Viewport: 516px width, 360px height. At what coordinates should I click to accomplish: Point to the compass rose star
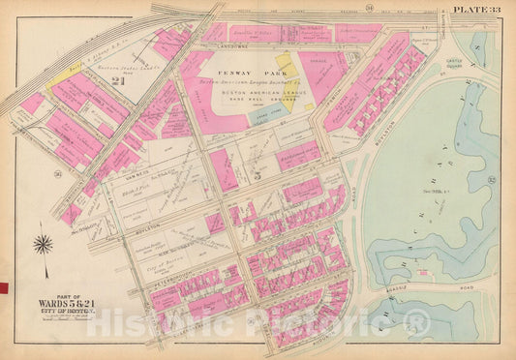click(x=43, y=243)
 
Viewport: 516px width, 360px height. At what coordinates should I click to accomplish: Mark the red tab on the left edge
click(x=3, y=287)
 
